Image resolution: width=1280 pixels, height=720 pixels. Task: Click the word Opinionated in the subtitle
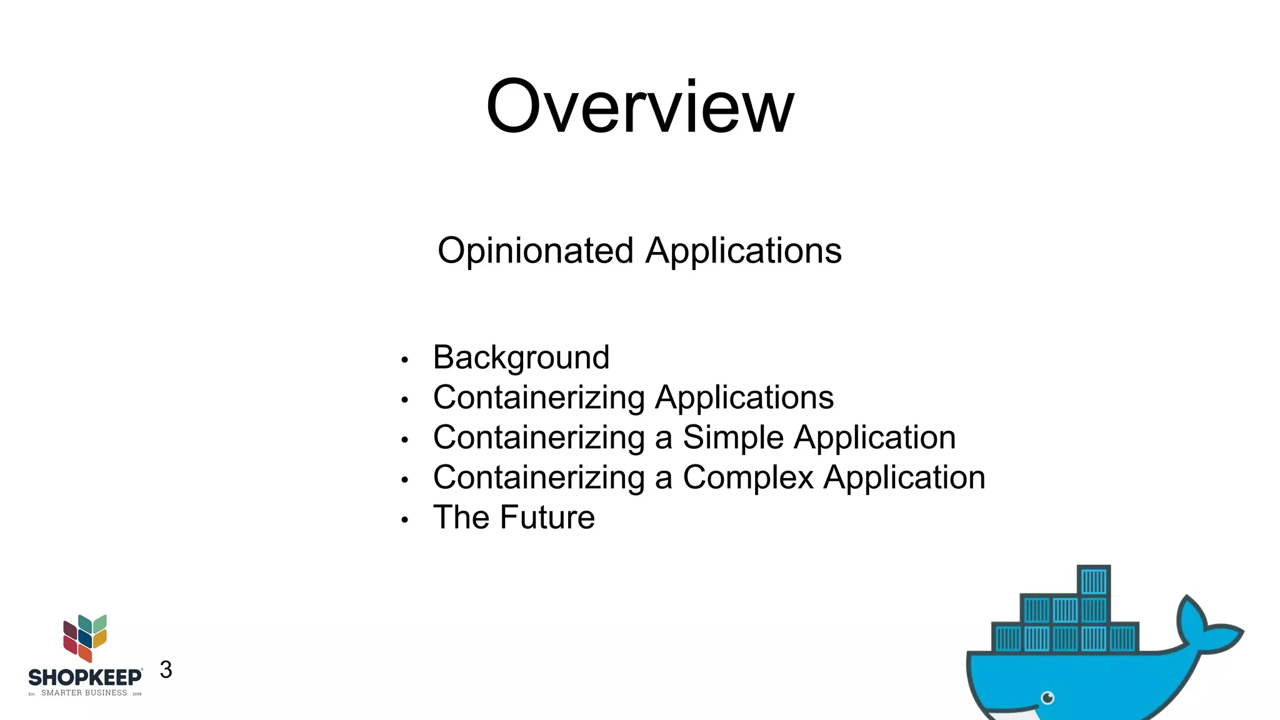tap(536, 251)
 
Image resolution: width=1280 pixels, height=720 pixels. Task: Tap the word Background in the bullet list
tap(521, 357)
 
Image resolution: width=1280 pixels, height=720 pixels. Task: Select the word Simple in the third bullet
tap(732, 437)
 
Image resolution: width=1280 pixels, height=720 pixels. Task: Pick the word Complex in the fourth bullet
tap(747, 477)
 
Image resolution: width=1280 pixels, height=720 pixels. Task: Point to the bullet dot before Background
tap(405, 360)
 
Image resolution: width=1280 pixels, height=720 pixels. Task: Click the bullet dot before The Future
tap(405, 520)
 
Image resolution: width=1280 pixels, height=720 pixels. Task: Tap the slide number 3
tap(166, 670)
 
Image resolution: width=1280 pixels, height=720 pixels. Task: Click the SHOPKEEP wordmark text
tap(85, 677)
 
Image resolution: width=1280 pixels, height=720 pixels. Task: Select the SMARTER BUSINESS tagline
tap(84, 693)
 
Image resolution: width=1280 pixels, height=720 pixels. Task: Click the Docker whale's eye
tap(1048, 697)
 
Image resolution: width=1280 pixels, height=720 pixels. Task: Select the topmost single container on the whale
tap(1094, 581)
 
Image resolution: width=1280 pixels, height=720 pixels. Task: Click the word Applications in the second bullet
tap(744, 397)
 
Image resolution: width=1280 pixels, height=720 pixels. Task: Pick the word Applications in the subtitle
tap(743, 251)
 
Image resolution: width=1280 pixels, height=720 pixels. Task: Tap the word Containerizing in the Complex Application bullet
tap(539, 477)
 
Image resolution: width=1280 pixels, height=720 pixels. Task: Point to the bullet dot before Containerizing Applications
tap(405, 400)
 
